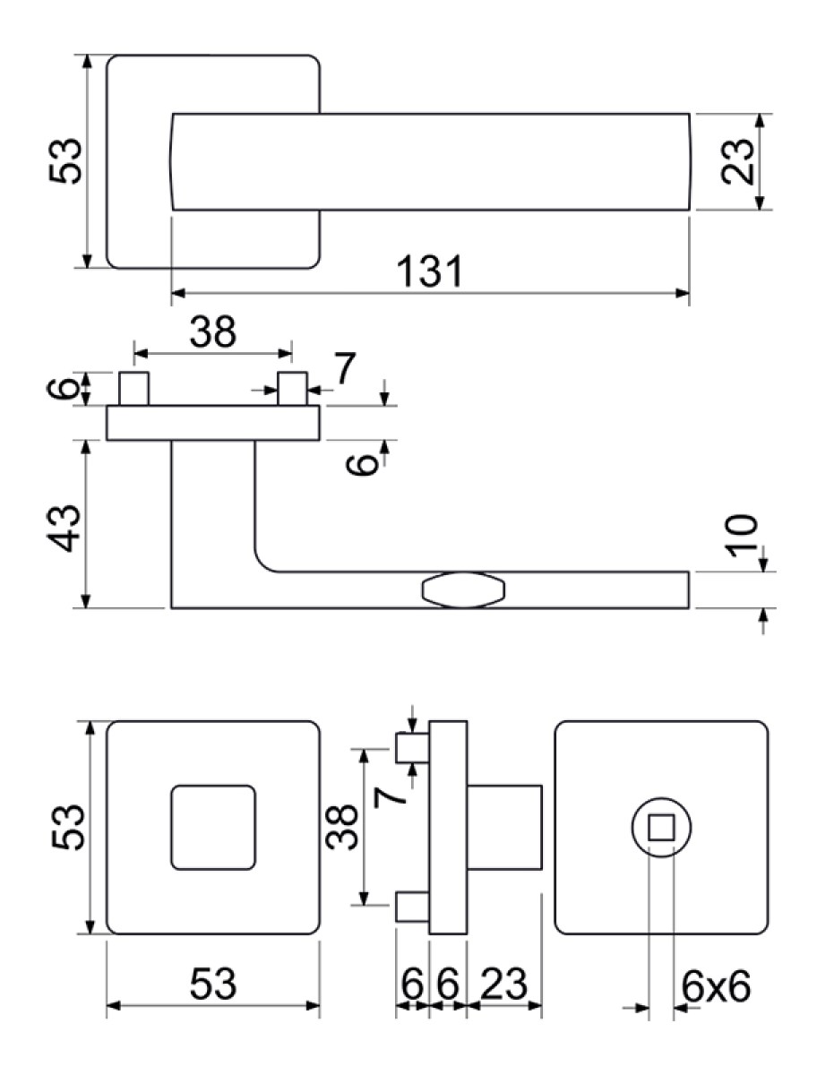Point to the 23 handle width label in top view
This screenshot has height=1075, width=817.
pyautogui.click(x=737, y=161)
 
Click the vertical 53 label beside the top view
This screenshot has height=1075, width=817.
pyautogui.click(x=65, y=161)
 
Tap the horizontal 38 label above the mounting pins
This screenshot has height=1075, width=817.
pyautogui.click(x=213, y=331)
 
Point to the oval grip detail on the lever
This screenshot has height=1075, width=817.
pyautogui.click(x=463, y=590)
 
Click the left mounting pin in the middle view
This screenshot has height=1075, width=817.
pyautogui.click(x=133, y=389)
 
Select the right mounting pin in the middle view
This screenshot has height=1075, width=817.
pyautogui.click(x=292, y=389)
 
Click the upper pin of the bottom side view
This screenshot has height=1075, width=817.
pyautogui.click(x=413, y=748)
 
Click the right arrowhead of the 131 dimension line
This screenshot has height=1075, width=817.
pyautogui.click(x=682, y=293)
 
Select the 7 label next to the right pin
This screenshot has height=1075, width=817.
pyautogui.click(x=344, y=368)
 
